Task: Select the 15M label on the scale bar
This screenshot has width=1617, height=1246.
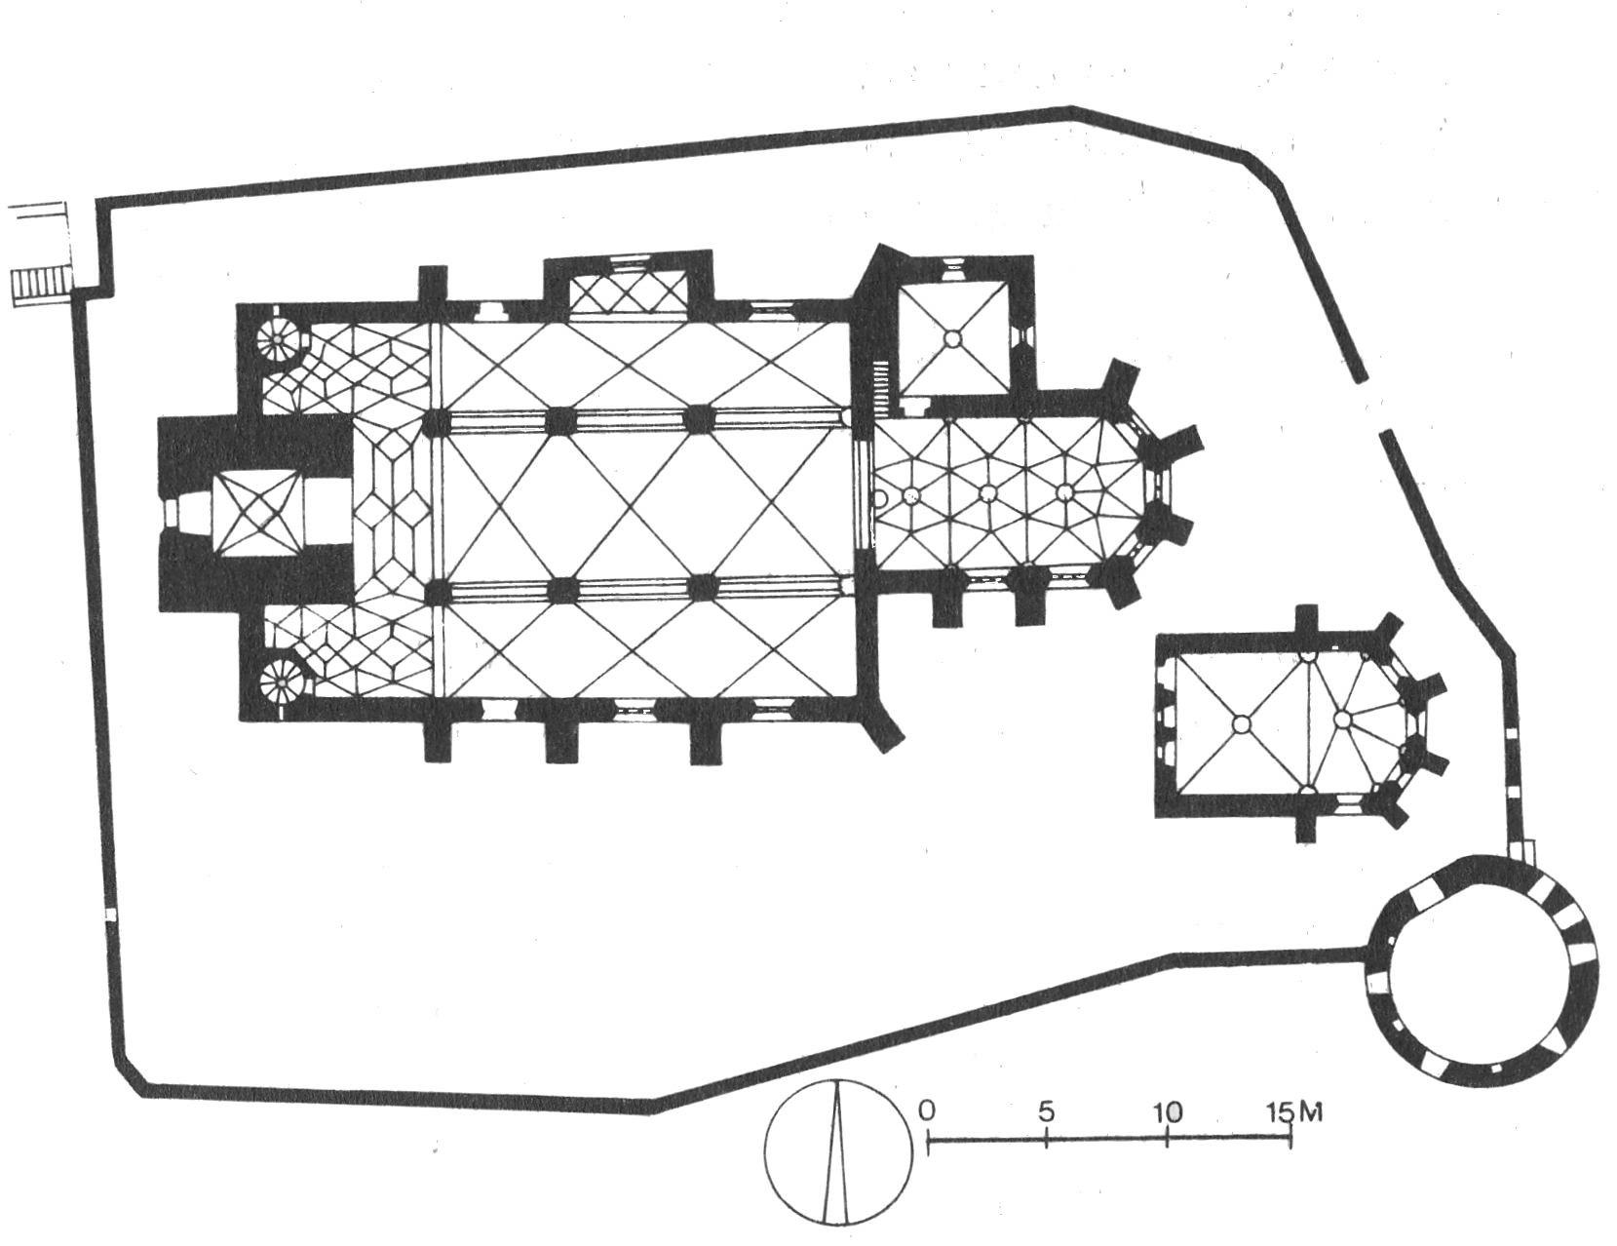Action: [1294, 1112]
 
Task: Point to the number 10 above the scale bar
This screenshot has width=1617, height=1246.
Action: [1166, 1111]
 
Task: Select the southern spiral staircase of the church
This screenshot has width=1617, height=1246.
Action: [284, 679]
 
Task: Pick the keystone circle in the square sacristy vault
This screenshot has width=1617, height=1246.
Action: [952, 338]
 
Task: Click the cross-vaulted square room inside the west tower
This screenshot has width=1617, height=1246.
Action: [257, 514]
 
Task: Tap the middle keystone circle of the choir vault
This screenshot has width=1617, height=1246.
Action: [988, 492]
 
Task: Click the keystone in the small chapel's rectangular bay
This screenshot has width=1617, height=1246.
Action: [1241, 723]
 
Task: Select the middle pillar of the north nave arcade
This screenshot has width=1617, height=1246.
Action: [561, 420]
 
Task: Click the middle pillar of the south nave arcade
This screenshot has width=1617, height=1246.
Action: [562, 591]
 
